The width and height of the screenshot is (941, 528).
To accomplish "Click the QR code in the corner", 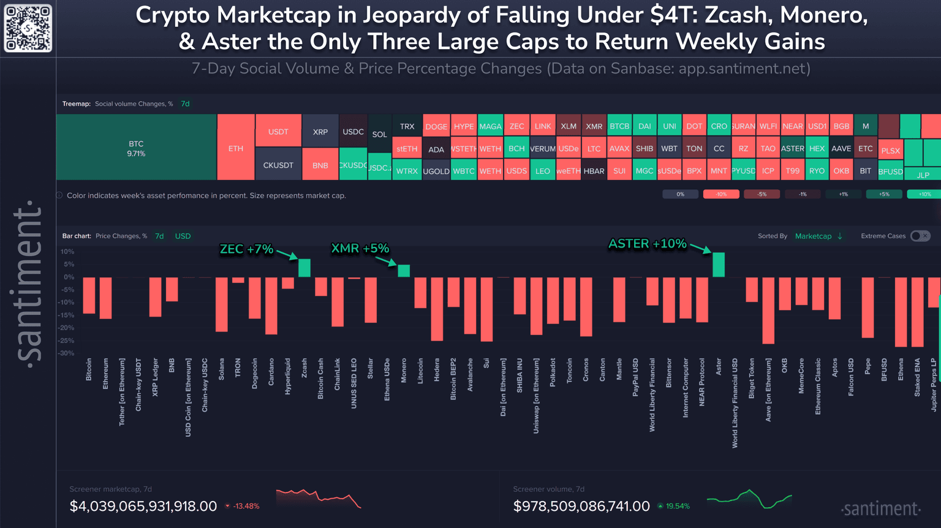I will click(x=28, y=28).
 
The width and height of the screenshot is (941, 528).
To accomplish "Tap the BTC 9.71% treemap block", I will click(x=136, y=148).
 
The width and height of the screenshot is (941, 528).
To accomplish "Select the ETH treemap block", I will click(x=236, y=148).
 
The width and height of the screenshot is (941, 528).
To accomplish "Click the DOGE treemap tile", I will click(x=436, y=127).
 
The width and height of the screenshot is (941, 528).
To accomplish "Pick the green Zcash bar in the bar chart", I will click(x=304, y=268).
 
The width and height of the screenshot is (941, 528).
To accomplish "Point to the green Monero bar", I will click(x=404, y=271).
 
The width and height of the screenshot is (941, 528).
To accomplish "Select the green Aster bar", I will click(x=719, y=265).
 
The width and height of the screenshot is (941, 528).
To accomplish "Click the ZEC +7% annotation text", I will click(x=246, y=249).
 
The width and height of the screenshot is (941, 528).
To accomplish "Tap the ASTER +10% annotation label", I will click(x=647, y=244).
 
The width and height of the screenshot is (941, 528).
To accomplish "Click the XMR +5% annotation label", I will click(x=360, y=249).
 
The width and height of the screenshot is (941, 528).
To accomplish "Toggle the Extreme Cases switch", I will click(x=920, y=236).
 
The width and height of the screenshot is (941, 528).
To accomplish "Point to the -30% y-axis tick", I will click(x=67, y=353).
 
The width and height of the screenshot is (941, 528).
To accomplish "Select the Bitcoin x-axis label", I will click(x=89, y=369).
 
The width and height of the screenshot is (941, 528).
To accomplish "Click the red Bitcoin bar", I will click(x=89, y=295).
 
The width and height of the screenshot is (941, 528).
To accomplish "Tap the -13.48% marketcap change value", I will click(x=246, y=506).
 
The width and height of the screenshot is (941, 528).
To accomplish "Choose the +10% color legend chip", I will click(x=924, y=194).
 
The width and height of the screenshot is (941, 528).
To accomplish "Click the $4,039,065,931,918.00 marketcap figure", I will click(x=143, y=507).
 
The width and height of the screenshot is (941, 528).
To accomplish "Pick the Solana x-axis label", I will click(x=221, y=369).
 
